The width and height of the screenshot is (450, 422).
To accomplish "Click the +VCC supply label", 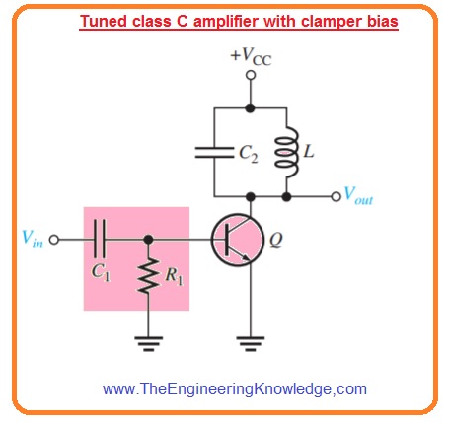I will pos(251,56).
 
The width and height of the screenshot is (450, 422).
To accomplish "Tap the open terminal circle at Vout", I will pos(336,196).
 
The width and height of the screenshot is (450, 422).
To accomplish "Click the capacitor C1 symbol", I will pos(99,239).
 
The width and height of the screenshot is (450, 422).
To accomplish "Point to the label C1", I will pos(99,267).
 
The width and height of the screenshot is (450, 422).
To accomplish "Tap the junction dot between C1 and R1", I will pos(148,239).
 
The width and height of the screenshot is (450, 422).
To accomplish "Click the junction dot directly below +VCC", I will pos(251,106).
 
